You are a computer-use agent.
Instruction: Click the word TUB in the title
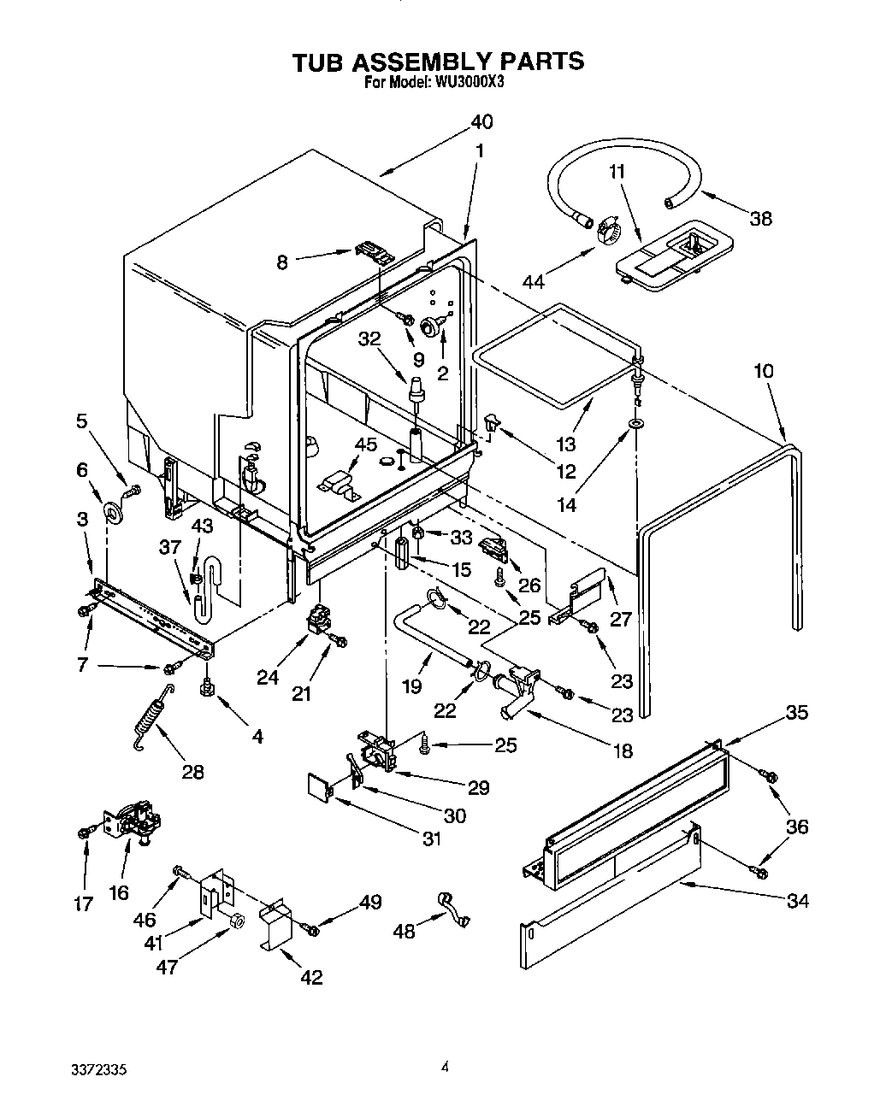(x=318, y=62)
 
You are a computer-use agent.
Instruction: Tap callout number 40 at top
(x=481, y=121)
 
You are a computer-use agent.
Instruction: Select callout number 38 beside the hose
(x=760, y=219)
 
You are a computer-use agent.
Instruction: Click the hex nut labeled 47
(x=237, y=920)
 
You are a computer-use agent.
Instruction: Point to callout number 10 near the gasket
(x=764, y=371)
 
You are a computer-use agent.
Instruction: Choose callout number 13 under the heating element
(x=565, y=444)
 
